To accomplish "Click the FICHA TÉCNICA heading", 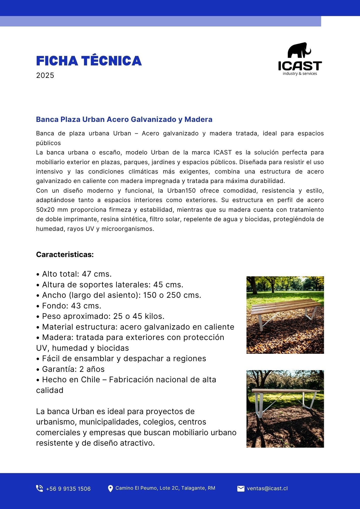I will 89,61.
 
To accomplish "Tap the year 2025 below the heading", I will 45,75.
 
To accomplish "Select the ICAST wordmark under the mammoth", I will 300,66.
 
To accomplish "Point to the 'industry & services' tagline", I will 300,74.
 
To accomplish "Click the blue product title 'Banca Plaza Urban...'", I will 124,119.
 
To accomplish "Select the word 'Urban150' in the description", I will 181,191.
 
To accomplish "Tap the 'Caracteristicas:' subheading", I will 65,254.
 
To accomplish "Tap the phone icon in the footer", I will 39,488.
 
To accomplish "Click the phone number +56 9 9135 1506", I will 68,489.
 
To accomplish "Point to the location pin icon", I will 110,488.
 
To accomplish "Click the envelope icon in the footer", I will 241,488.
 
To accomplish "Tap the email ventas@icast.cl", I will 267,488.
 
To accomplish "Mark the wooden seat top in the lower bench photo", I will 285,391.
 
